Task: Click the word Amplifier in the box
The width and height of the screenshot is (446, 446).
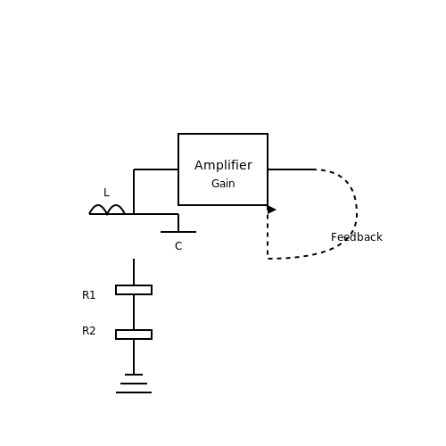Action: [223, 165]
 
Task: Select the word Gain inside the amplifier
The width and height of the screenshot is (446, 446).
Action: [223, 184]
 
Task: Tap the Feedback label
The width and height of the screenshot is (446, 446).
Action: [357, 237]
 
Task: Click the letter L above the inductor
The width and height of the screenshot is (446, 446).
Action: [106, 193]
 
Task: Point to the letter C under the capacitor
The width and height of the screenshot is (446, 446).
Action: [178, 246]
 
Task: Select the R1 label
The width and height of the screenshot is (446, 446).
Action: [88, 295]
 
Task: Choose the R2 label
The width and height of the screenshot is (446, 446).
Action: [88, 331]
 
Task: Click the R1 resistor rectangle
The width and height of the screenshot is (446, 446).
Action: [134, 290]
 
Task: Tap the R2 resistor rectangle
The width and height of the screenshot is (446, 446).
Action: [134, 334]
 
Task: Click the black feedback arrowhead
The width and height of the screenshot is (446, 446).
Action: [271, 210]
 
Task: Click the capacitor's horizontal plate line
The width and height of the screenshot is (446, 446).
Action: [178, 232]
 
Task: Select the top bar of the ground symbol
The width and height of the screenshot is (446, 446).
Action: [134, 375]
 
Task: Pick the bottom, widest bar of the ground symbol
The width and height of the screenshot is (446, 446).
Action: [134, 392]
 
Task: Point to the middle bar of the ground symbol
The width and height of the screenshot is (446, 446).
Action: [134, 384]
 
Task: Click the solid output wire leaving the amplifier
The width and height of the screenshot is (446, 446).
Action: [292, 169]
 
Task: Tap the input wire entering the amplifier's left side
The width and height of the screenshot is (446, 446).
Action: [156, 169]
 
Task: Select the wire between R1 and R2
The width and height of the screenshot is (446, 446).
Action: [134, 312]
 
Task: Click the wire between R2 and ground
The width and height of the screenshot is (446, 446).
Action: [134, 357]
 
